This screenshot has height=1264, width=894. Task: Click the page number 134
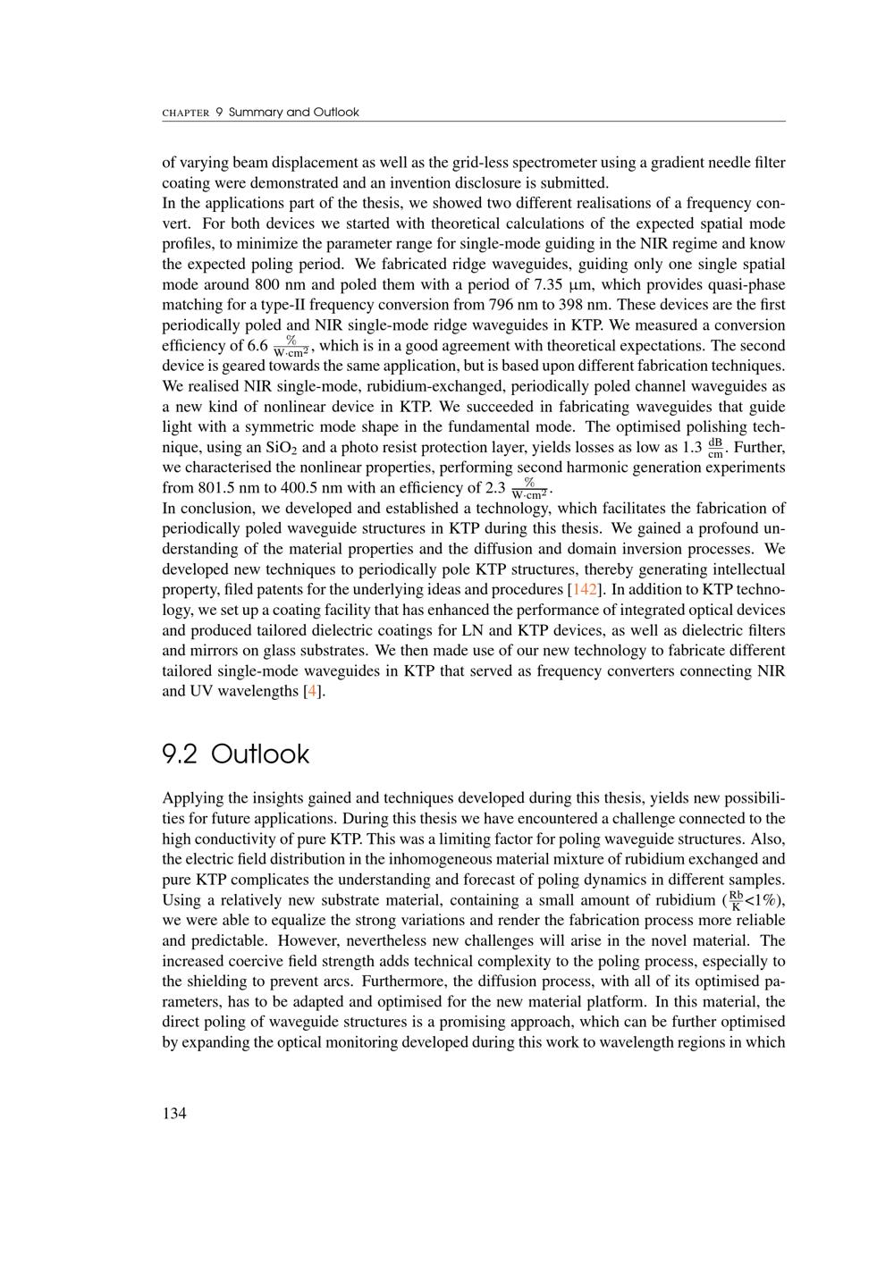[x=174, y=1113]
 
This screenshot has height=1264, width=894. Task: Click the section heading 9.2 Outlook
[x=235, y=754]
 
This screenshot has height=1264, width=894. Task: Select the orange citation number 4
[x=311, y=692]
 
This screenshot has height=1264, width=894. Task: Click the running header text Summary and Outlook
[x=293, y=113]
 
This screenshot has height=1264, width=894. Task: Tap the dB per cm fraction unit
[x=715, y=447]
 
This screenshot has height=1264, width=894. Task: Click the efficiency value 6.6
[x=257, y=346]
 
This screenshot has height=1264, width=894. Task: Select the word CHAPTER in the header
[x=185, y=114]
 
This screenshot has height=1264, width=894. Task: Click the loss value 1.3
[x=692, y=447]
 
